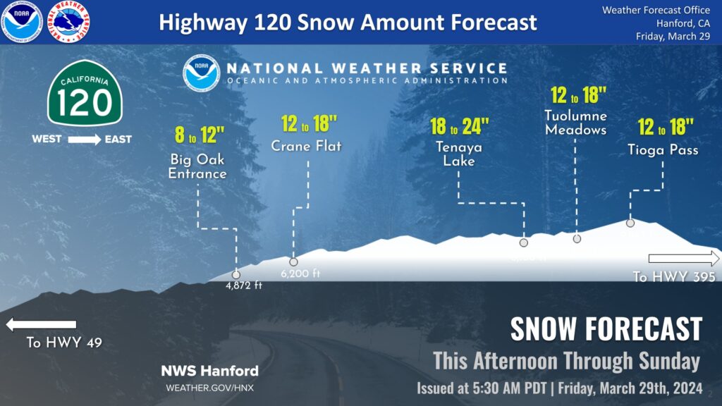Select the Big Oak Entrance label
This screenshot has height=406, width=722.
197,166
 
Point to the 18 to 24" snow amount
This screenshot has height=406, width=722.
459,127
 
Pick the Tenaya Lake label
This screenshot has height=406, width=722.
459,154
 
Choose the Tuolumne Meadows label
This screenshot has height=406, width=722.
575,123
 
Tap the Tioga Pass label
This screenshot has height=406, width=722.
663,150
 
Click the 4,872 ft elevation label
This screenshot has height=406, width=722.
244,285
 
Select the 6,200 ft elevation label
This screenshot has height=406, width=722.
300,273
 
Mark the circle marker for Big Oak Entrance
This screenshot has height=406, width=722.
236,275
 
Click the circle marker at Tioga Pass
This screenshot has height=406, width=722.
630,223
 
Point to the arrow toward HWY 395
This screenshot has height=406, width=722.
684,257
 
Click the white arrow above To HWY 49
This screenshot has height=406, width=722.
41,325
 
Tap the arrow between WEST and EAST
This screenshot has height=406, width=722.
85,140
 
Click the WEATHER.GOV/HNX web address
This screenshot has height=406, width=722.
209,388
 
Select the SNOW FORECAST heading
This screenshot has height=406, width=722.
606,329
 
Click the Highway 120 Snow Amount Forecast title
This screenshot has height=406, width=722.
348,22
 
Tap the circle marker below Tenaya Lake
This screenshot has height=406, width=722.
524,242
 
